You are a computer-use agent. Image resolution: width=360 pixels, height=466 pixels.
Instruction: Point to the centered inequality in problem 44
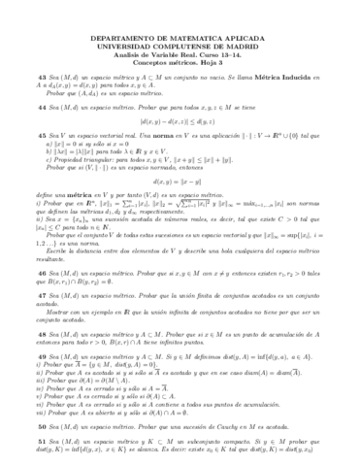180,122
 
